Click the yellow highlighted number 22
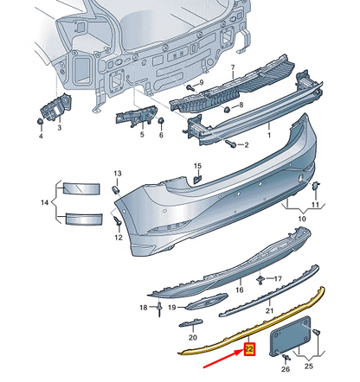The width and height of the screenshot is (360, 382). (250, 350)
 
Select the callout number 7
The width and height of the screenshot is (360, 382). (232, 67)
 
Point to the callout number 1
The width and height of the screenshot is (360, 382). (267, 134)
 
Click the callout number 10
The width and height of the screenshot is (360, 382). (303, 220)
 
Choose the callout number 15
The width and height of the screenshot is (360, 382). (196, 166)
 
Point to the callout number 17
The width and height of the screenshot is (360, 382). (278, 279)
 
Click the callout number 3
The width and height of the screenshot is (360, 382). (59, 128)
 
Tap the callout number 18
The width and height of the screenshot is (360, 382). (144, 307)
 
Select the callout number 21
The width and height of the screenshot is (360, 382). (269, 309)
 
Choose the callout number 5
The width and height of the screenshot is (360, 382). (143, 135)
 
